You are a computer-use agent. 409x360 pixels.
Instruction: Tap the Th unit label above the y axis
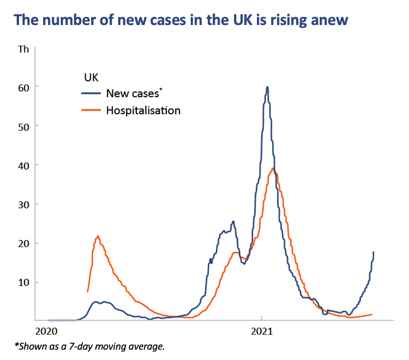coord(23,50)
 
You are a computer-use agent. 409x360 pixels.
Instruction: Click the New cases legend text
coord(133,93)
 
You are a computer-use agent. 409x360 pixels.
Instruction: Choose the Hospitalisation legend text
coord(143,110)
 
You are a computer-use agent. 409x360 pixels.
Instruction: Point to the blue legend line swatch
coord(91,93)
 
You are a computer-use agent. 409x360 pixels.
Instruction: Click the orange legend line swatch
coord(91,110)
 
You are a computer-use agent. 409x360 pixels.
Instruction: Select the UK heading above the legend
coord(87,77)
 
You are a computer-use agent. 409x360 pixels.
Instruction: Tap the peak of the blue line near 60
coord(267,87)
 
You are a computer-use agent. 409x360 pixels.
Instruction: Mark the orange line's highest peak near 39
coord(273,169)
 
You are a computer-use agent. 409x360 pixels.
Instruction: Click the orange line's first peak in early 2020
coord(99,236)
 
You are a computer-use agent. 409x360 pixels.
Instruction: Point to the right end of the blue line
coord(374,252)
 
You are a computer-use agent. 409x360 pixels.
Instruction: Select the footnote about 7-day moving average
coord(89,346)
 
